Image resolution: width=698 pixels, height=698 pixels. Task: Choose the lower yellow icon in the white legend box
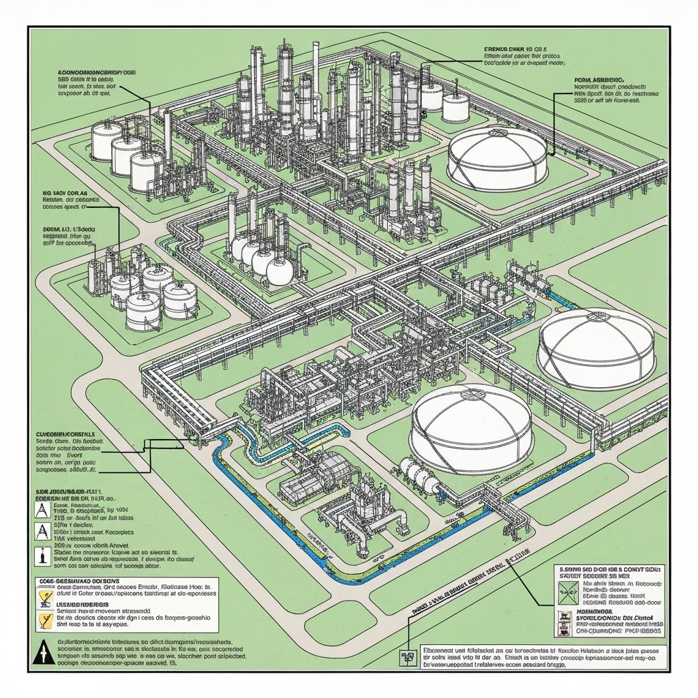[x=44, y=620]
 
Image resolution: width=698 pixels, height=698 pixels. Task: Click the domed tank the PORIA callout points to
[x=497, y=158]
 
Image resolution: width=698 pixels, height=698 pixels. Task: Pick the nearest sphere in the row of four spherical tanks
[x=281, y=271]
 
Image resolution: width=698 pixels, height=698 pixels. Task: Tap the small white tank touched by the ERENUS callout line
[x=431, y=95]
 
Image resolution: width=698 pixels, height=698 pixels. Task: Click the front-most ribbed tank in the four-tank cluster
[x=145, y=313]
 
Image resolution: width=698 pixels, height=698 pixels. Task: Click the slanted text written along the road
[x=470, y=577]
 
